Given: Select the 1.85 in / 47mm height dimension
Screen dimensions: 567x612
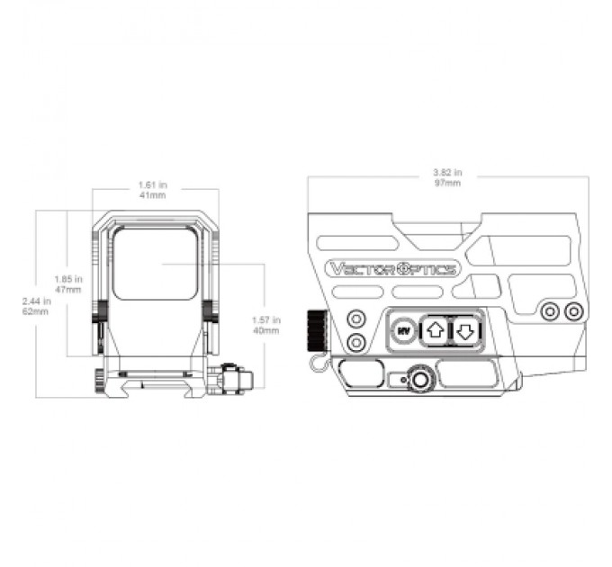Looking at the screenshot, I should (x=67, y=284).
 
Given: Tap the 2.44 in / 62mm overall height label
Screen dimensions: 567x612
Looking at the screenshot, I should (x=37, y=307).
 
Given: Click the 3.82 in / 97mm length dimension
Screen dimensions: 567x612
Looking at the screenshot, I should (x=446, y=177).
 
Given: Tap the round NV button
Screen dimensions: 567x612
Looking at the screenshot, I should (x=404, y=329).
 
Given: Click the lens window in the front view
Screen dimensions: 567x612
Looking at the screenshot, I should (x=156, y=263).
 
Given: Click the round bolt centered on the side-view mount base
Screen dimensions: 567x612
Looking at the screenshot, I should (x=419, y=379).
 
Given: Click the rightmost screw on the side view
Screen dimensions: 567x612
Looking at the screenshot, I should (x=573, y=310).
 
